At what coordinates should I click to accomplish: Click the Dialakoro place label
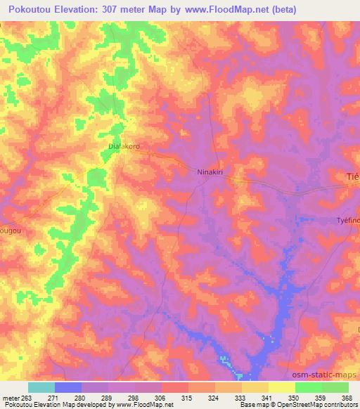coord(124,147)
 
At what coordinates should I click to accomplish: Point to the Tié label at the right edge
coord(353,176)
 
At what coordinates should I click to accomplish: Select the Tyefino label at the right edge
coord(347,220)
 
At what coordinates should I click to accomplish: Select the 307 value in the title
coord(117,9)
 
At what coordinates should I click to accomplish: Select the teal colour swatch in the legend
coord(41,387)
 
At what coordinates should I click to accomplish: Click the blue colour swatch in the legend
coord(68,387)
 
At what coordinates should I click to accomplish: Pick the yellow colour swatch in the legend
coord(282,387)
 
